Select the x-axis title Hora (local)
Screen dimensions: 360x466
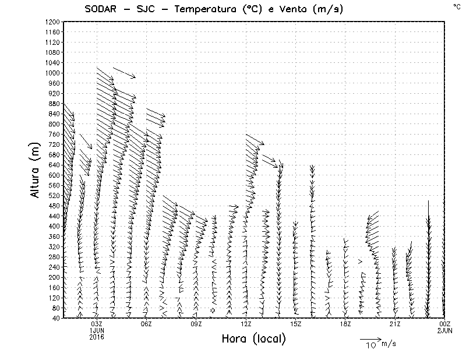(253, 338)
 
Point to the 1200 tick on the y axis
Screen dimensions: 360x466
(52, 22)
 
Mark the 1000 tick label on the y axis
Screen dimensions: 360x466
(52, 73)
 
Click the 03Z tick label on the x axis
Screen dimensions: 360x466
(97, 324)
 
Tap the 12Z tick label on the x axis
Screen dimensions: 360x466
(246, 324)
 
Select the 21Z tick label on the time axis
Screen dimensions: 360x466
(395, 324)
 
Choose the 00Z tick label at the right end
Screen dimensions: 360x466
(444, 324)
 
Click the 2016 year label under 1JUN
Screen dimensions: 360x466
(97, 336)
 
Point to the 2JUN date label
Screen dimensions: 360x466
(444, 330)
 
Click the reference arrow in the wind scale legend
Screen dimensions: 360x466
(370, 338)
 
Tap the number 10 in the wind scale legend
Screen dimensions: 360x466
(370, 345)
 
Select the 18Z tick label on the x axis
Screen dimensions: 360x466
(345, 324)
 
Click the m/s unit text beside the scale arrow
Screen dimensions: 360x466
(388, 344)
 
